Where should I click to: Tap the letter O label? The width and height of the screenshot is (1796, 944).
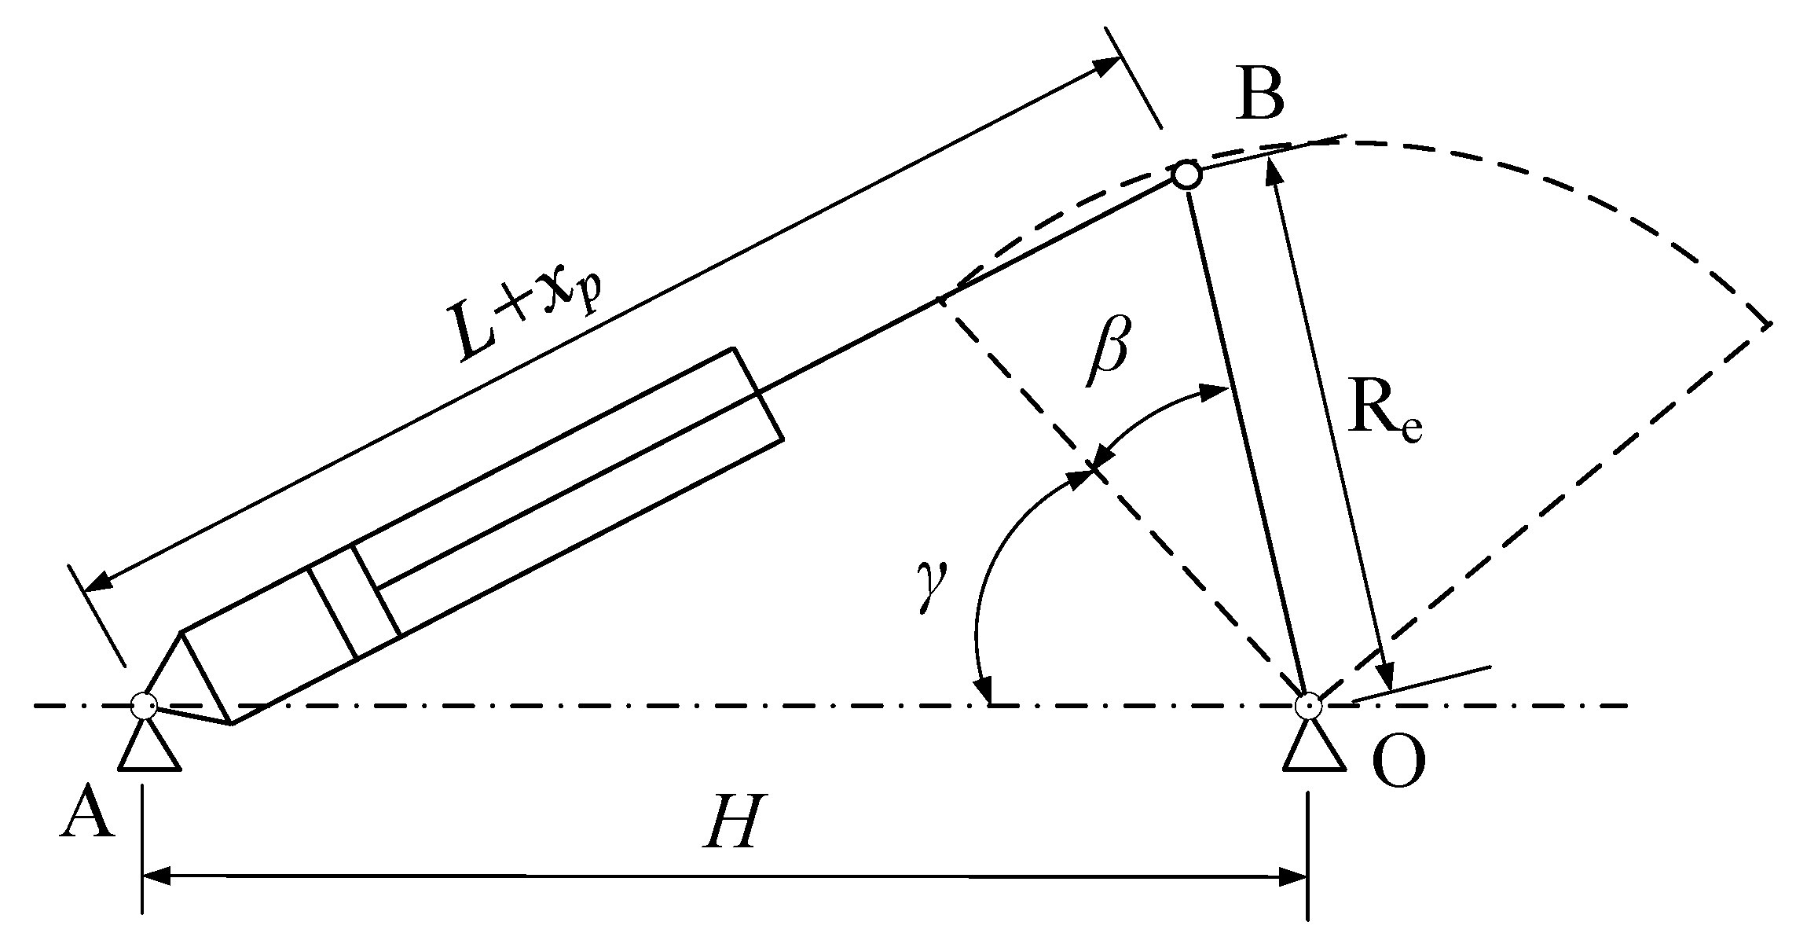pos(1398,763)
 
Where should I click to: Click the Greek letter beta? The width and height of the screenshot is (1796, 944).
pos(1108,351)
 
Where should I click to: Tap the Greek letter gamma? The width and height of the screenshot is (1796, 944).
pos(933,588)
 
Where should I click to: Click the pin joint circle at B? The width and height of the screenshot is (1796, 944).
pos(1186,174)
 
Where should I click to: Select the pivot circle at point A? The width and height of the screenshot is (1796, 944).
pos(144,704)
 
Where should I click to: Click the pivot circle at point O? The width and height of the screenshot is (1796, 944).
pos(1307,705)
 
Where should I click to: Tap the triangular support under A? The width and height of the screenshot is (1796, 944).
pos(149,747)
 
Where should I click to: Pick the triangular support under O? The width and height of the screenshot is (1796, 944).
pos(1314,747)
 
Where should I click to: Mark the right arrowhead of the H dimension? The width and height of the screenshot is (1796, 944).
pos(1293,875)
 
